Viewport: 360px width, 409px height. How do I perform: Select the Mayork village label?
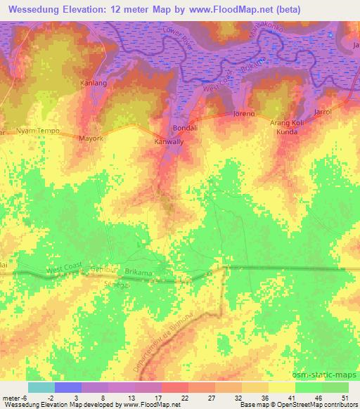point(91,139)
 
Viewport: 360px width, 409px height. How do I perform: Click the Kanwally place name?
point(169,142)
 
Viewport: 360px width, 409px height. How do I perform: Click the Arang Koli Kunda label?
point(286,127)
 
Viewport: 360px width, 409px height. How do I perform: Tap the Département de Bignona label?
point(168,344)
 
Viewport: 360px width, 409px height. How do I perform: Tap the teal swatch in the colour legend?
point(41,387)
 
